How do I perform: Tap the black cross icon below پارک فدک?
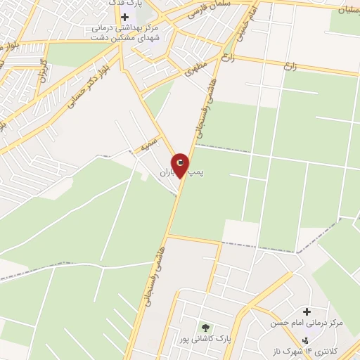coord(124,16)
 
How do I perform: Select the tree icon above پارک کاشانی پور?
coord(205,328)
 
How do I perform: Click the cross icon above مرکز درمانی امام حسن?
coord(307,311)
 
